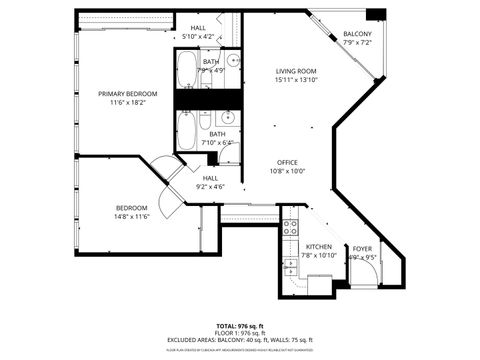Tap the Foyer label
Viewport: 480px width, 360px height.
click(x=361, y=250)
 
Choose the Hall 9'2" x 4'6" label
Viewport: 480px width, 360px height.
click(x=210, y=181)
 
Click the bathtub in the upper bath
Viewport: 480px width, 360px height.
click(x=187, y=69)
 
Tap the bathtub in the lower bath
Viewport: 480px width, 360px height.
click(x=187, y=130)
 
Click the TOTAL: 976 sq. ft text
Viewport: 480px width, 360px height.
click(x=239, y=326)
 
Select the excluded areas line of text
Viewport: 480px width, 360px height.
click(x=239, y=340)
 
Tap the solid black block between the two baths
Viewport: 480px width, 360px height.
click(x=208, y=99)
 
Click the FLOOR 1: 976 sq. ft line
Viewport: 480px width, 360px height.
click(x=239, y=333)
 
